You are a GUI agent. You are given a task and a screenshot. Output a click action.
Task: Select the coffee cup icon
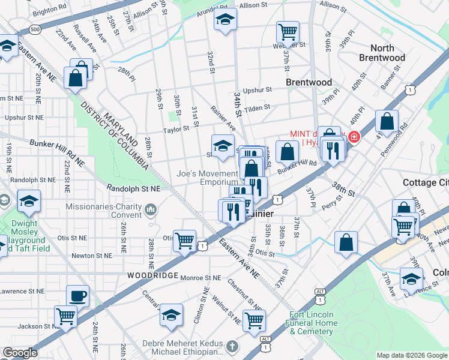click(x=77, y=295)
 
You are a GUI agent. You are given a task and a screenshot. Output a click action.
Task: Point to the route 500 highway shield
click(x=35, y=29)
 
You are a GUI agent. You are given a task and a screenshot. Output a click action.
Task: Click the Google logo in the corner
click(x=20, y=353)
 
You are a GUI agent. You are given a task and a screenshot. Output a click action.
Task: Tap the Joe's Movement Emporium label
click(x=207, y=178)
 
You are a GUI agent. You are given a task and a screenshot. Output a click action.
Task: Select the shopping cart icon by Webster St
click(x=288, y=32)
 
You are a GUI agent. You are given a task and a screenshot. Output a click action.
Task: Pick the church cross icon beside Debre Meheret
click(x=232, y=347)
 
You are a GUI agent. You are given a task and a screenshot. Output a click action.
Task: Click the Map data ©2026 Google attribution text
click(x=411, y=355)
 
